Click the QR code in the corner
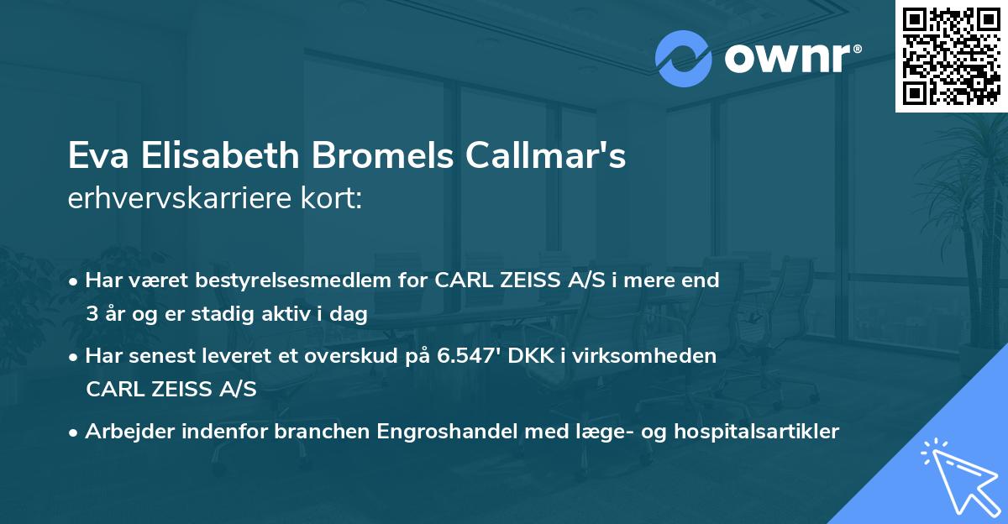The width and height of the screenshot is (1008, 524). pyautogui.click(x=951, y=56)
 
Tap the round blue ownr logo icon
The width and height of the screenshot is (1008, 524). pyautogui.click(x=683, y=58)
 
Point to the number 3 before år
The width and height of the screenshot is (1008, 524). pyautogui.click(x=91, y=314)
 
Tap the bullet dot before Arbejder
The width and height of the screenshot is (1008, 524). pyautogui.click(x=75, y=432)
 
